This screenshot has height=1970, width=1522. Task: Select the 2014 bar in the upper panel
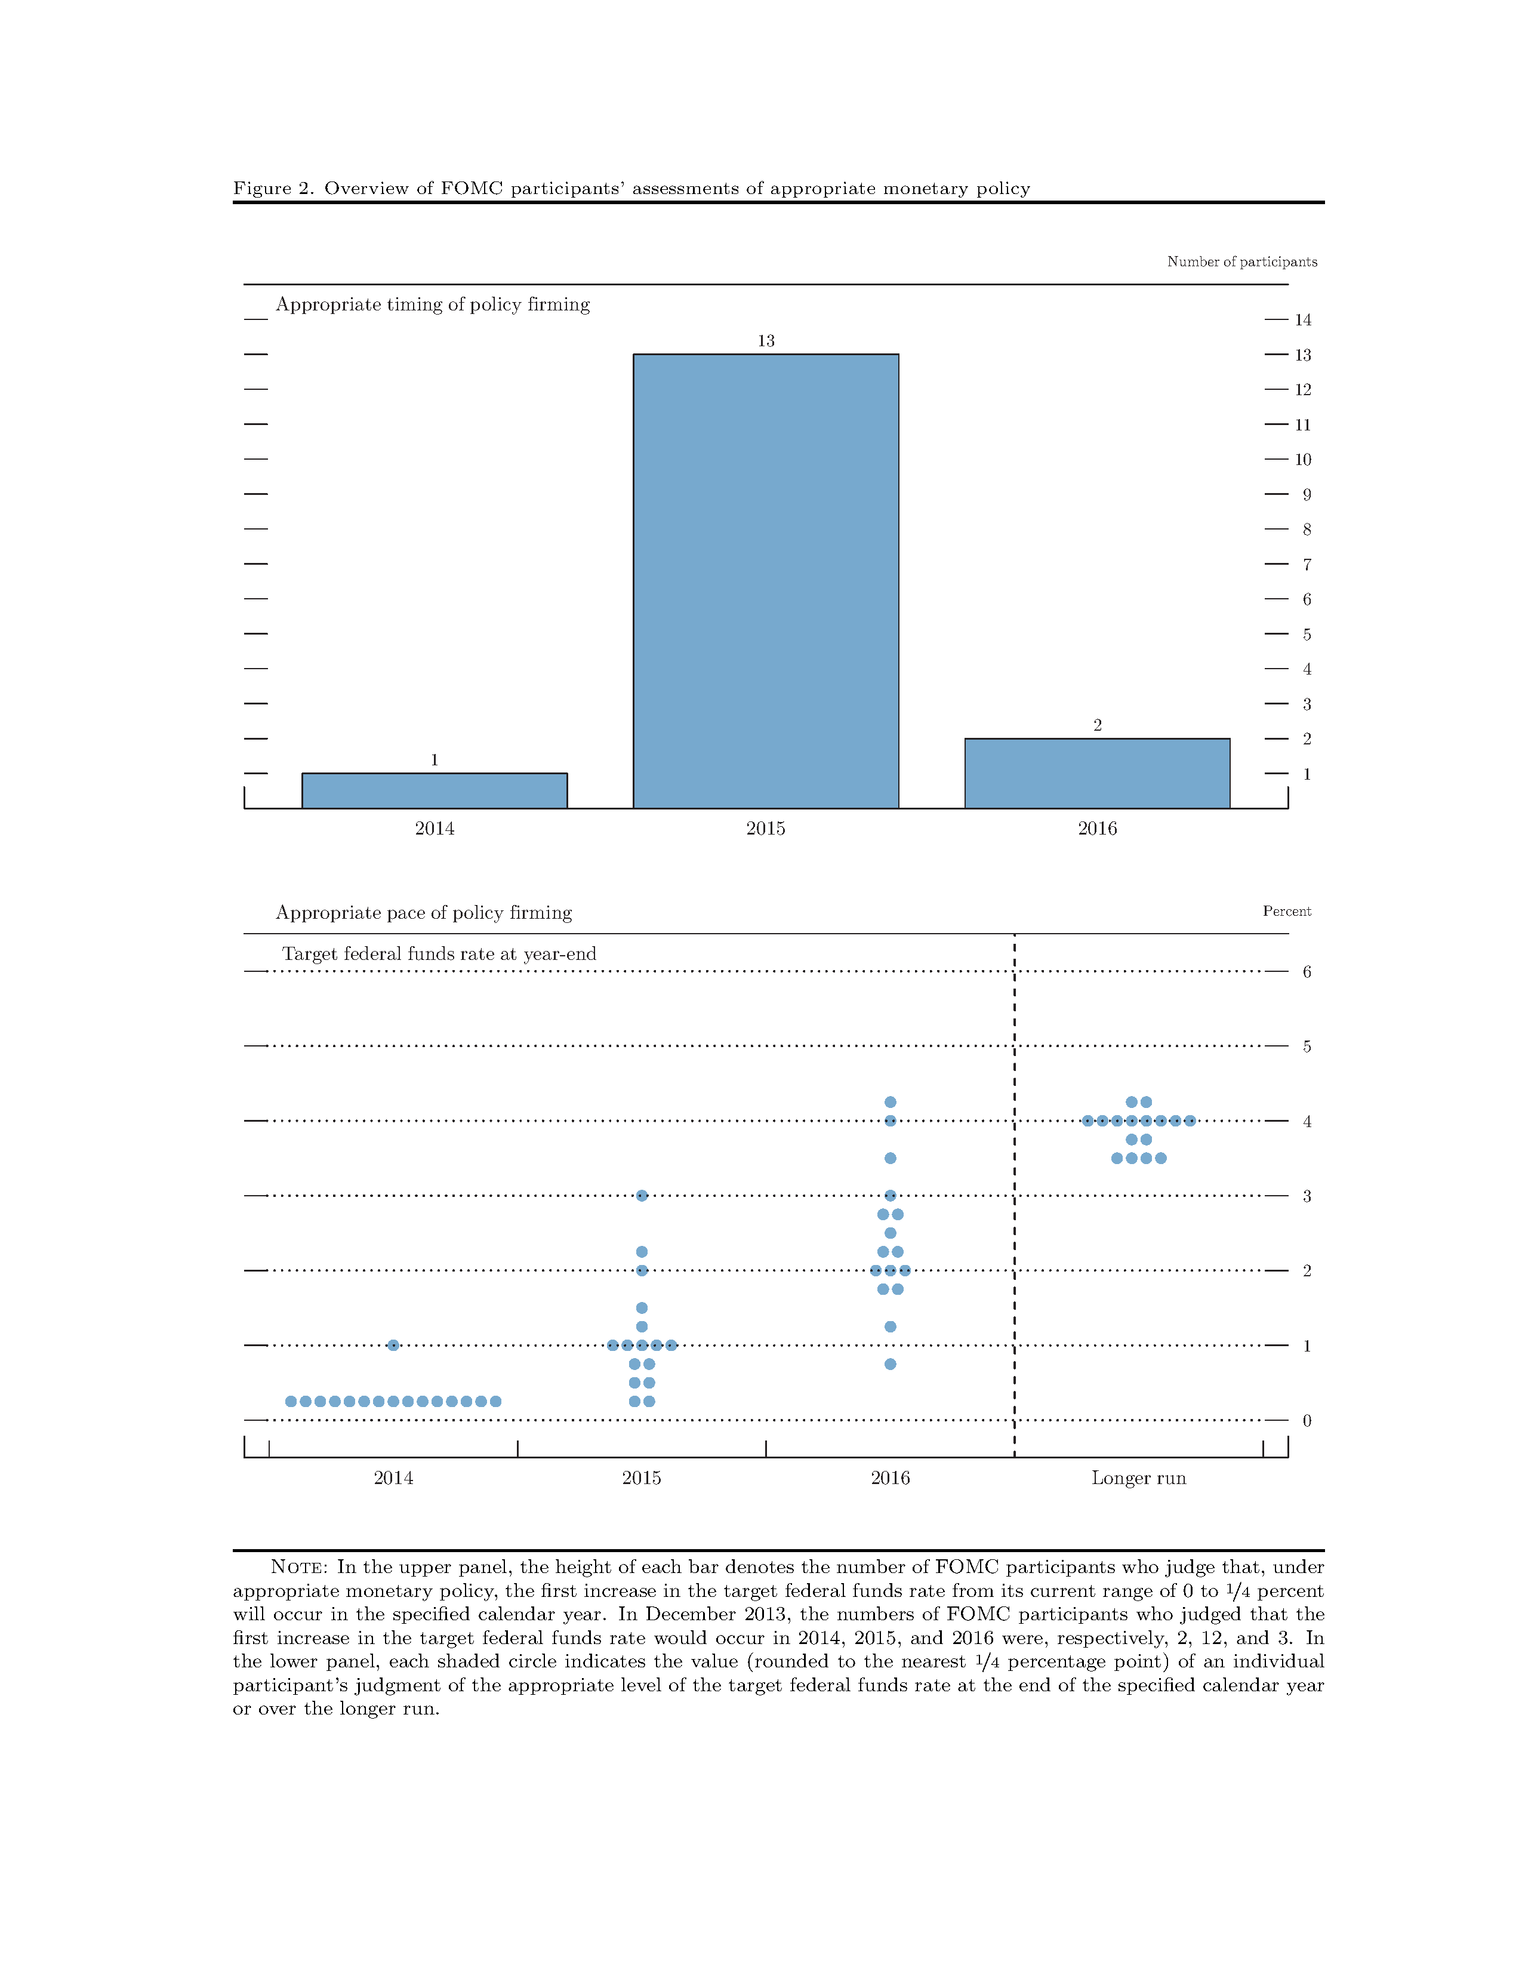click(434, 791)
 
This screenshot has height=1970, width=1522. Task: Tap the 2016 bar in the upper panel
click(1096, 773)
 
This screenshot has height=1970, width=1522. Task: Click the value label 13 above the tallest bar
click(766, 341)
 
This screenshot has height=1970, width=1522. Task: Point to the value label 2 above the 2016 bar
click(1097, 725)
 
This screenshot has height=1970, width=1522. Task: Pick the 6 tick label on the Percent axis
click(1307, 971)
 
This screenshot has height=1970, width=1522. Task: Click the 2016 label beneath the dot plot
click(890, 1477)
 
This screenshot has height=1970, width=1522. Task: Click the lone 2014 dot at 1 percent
click(393, 1345)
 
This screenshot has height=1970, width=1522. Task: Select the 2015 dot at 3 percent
click(642, 1195)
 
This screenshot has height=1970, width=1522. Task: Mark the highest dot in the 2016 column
click(890, 1101)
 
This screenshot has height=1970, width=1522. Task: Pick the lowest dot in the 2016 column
click(890, 1364)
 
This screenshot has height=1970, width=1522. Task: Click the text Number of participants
click(1241, 261)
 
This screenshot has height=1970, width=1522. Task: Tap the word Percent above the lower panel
click(1287, 911)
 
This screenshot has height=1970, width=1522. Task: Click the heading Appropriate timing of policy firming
click(433, 304)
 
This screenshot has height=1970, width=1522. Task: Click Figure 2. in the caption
click(273, 189)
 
